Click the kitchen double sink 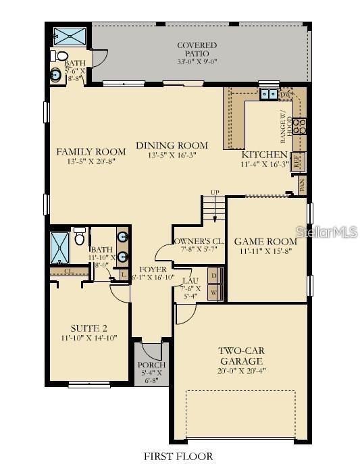(268, 95)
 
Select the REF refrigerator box (298, 161)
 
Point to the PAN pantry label (301, 184)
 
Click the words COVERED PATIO (192, 49)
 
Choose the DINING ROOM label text (172, 145)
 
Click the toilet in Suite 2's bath (79, 237)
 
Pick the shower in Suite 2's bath (61, 249)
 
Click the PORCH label (151, 365)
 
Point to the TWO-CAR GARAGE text (236, 356)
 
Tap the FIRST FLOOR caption (179, 456)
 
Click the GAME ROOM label (265, 241)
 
